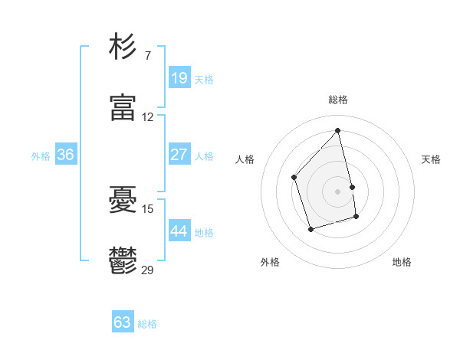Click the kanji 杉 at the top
click(123, 47)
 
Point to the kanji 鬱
click(123, 261)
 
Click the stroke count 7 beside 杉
click(148, 56)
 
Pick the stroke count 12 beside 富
click(148, 117)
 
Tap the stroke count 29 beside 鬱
click(148, 270)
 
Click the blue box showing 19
click(179, 77)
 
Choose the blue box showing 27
click(179, 155)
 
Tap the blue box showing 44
click(179, 231)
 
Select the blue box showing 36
click(65, 155)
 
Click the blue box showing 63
click(123, 322)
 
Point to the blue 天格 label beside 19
click(204, 79)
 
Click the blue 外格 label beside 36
click(41, 156)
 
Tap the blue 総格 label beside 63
click(147, 324)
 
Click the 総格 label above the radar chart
click(338, 100)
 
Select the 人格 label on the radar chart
click(245, 159)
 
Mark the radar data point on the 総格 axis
click(337, 131)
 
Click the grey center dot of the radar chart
click(337, 190)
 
